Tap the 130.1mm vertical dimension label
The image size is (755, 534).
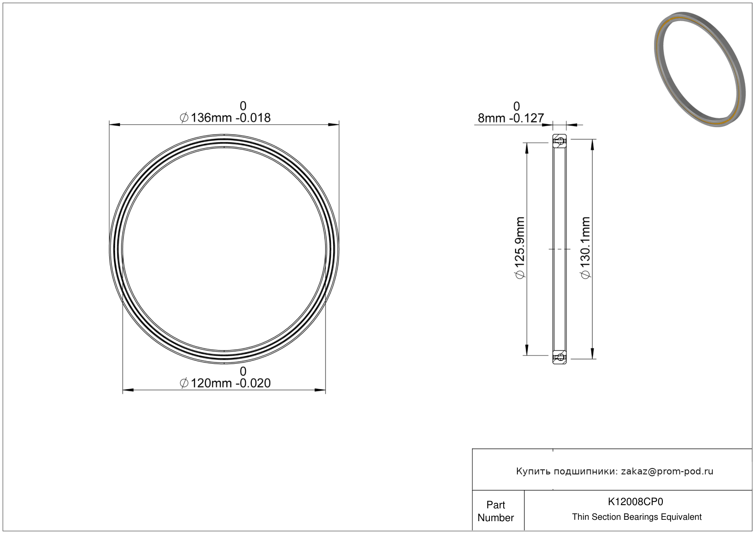point(586,248)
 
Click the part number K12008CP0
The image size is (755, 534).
point(635,502)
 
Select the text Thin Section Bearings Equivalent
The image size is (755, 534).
point(637,517)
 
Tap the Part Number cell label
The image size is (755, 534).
point(495,511)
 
